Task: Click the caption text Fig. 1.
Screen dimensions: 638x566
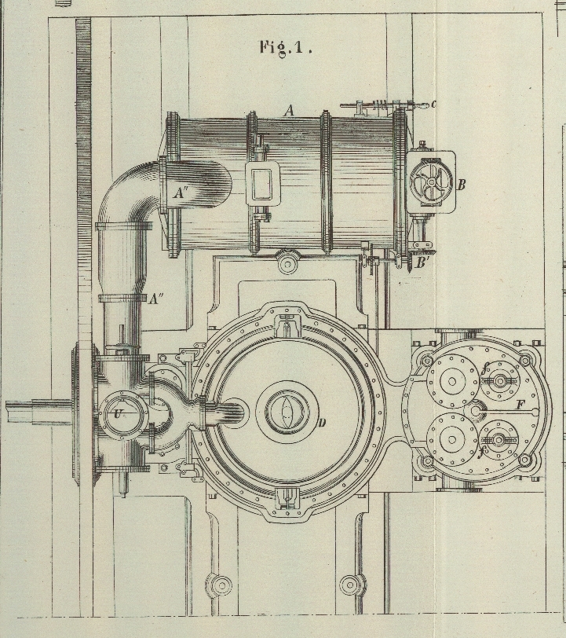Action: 286,47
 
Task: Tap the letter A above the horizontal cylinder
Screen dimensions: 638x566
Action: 289,112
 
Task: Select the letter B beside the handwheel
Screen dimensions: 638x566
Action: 462,185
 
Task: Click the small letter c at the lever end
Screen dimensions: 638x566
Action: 433,104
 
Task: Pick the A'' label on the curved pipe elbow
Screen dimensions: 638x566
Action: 181,192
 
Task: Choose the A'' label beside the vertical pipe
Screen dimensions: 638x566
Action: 156,299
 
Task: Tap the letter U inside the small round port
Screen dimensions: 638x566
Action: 119,413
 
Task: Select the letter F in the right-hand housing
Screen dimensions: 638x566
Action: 520,405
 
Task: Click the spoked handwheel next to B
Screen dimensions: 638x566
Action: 430,183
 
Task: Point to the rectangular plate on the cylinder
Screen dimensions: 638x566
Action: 261,184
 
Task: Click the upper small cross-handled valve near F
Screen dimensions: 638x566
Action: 498,383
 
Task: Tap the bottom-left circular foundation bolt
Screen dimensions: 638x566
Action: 221,585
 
